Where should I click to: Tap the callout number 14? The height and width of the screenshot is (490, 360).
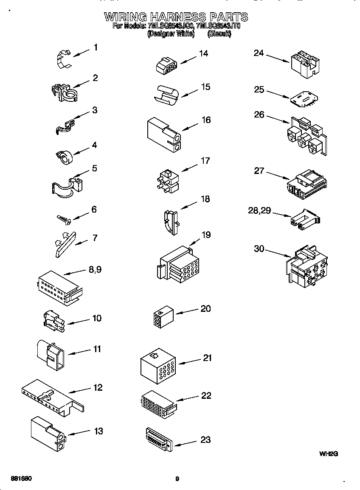click(203, 54)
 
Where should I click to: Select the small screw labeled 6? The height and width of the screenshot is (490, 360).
click(64, 218)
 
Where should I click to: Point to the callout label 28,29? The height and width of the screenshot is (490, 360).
click(259, 211)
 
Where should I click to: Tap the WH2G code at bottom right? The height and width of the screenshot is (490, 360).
click(328, 454)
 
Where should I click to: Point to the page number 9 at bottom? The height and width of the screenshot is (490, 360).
click(177, 479)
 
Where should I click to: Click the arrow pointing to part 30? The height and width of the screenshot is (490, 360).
click(278, 252)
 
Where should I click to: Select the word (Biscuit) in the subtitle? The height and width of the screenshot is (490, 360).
click(219, 34)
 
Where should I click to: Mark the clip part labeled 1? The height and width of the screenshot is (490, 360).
click(63, 58)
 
